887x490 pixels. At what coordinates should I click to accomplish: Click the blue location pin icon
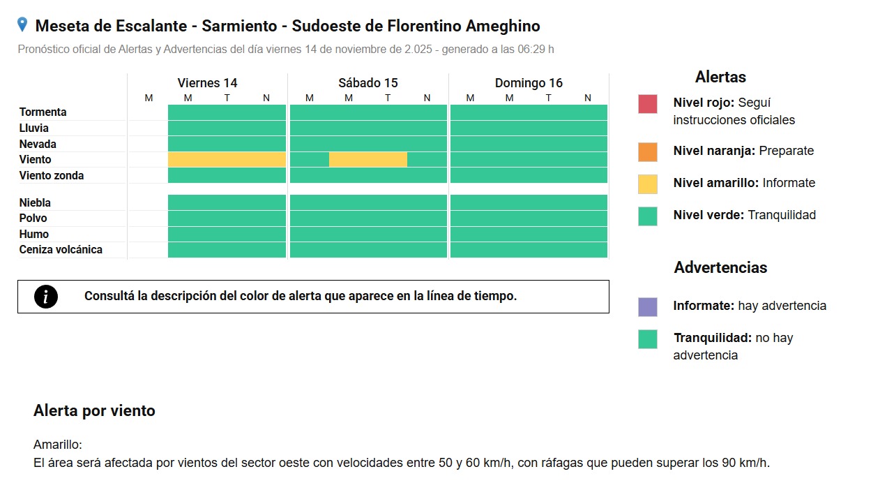click(22, 25)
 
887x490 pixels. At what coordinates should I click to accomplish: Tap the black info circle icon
click(46, 297)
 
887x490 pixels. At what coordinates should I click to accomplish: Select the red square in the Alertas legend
click(648, 103)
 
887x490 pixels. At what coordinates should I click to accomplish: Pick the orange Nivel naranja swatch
click(648, 151)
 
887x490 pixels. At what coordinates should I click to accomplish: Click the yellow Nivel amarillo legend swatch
click(648, 184)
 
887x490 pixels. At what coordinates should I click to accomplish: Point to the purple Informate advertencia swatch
click(648, 306)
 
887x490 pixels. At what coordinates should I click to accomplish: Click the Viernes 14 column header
click(207, 83)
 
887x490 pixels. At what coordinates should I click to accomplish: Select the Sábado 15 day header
click(368, 83)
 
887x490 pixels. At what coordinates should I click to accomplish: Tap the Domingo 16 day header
click(529, 83)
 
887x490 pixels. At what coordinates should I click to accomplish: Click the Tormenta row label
click(43, 112)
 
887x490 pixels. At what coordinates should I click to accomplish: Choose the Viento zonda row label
click(52, 176)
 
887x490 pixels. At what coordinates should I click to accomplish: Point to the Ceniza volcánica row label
click(61, 250)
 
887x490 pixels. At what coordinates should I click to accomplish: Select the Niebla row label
click(35, 203)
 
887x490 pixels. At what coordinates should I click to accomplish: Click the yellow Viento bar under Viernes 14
click(227, 160)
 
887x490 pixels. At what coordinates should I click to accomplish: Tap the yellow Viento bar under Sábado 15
click(368, 160)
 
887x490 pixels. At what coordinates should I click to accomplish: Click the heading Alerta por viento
click(94, 411)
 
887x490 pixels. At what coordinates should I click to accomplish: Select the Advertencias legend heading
click(720, 268)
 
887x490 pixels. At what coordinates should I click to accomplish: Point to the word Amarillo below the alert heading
click(57, 445)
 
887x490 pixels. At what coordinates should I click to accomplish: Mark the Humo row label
click(34, 235)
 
